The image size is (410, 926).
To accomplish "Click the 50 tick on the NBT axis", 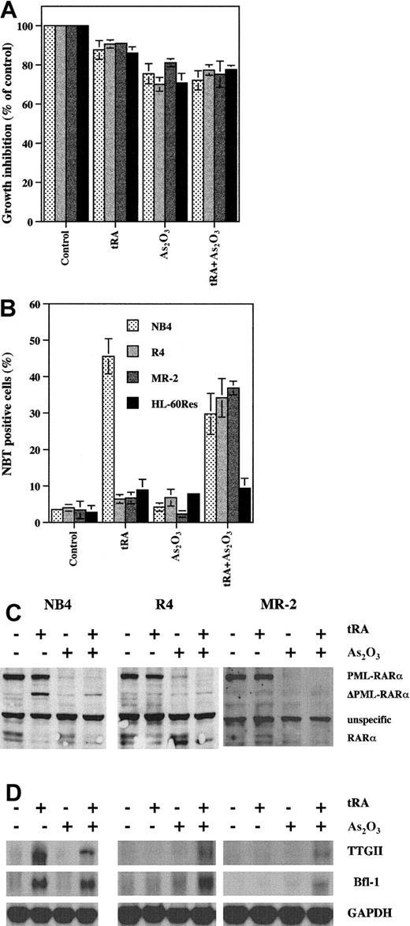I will [x=32, y=341].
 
